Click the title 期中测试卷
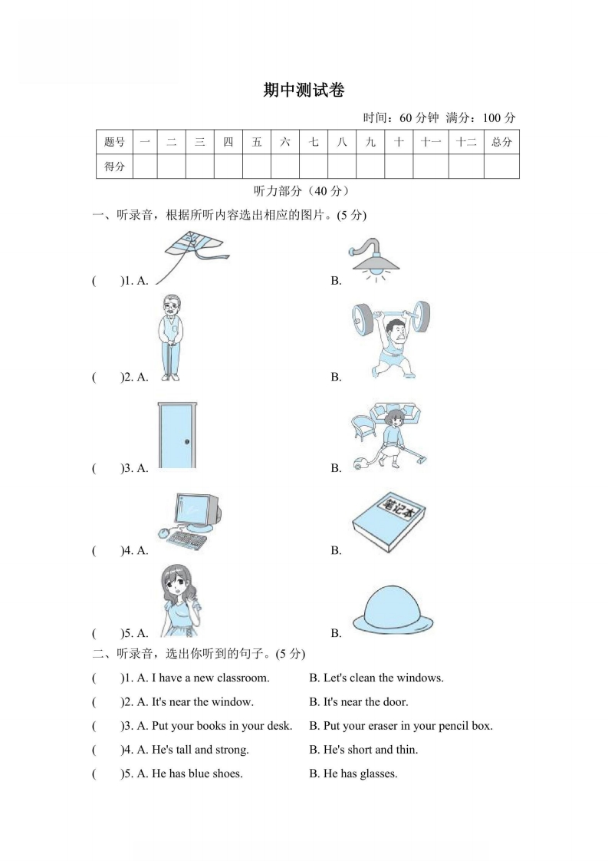(304, 91)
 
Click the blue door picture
(176, 434)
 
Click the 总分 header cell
(501, 142)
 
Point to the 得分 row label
(114, 166)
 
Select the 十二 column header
(465, 142)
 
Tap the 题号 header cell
(114, 142)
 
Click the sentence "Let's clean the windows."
(376, 678)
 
